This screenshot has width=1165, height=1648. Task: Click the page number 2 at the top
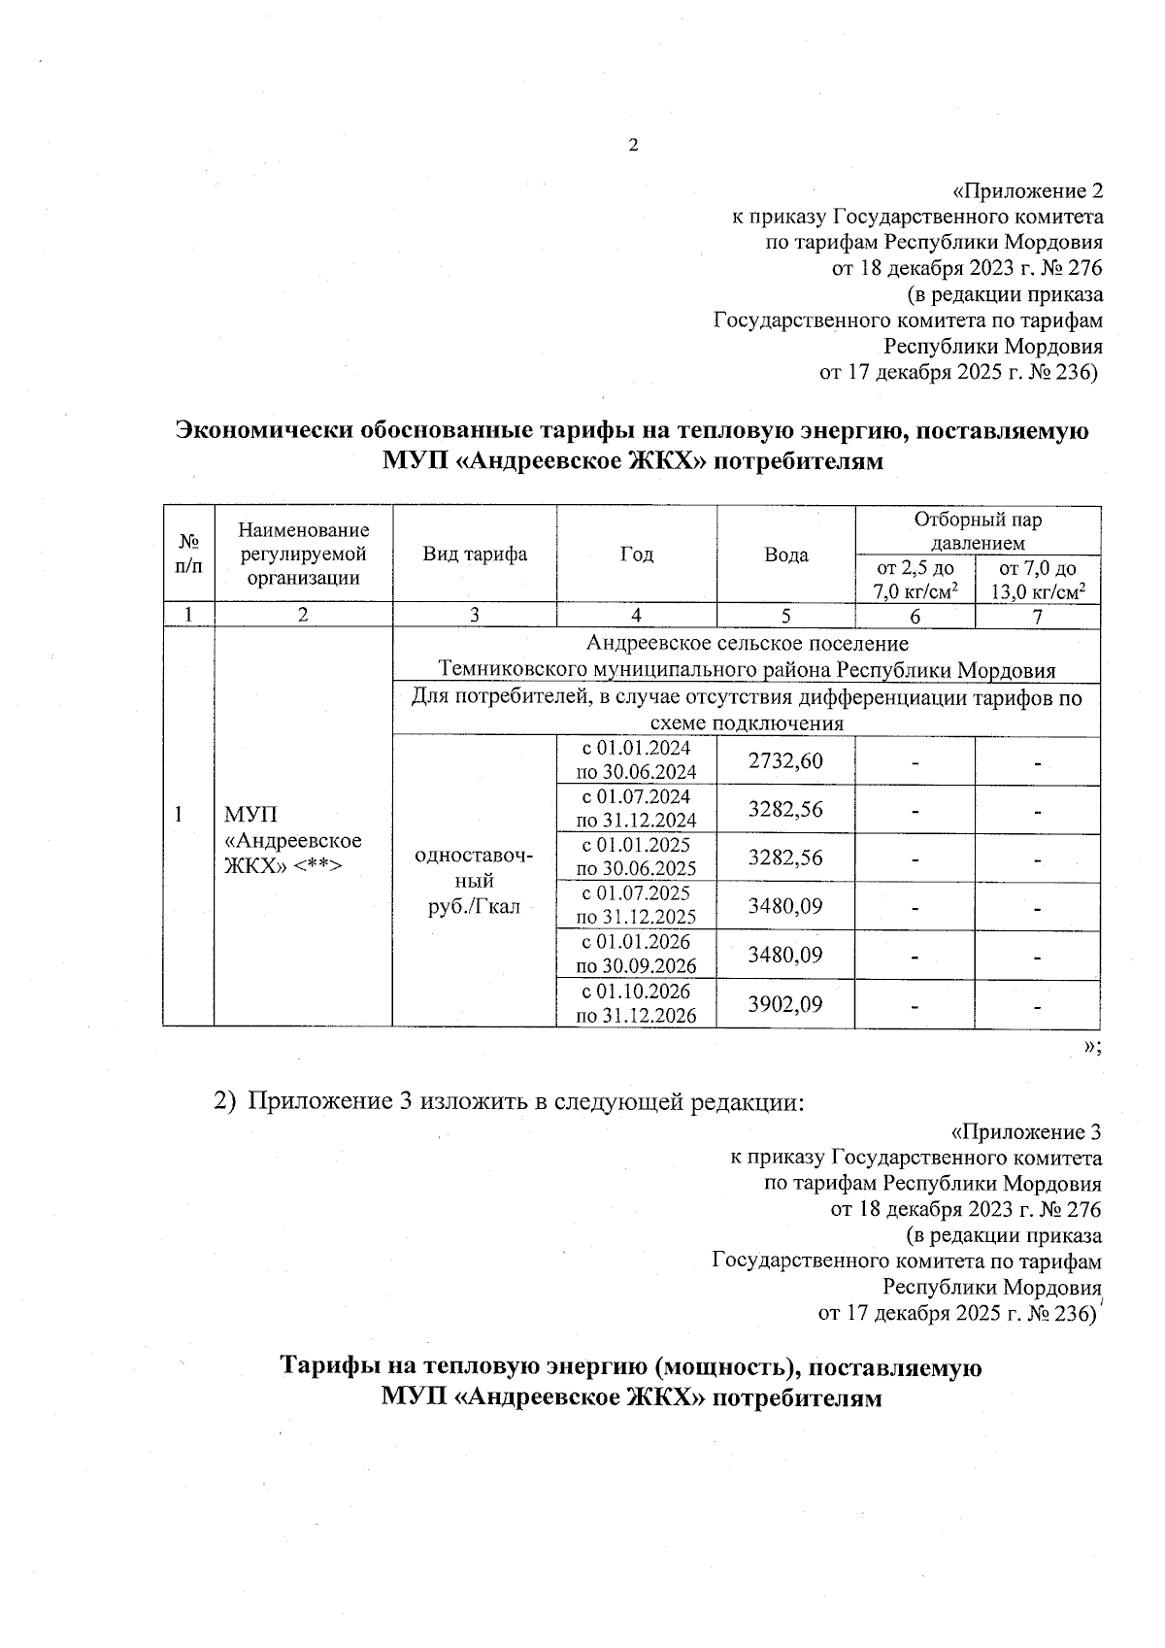634,147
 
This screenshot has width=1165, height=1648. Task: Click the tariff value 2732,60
785,760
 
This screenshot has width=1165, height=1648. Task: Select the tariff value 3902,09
785,1003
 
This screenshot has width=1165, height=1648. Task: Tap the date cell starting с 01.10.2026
636,1003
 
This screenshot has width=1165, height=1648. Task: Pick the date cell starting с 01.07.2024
636,808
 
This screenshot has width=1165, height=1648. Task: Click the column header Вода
785,555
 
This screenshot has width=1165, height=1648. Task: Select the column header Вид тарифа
475,555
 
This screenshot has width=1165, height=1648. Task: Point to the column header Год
636,555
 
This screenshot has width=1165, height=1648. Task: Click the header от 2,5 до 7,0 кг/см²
915,580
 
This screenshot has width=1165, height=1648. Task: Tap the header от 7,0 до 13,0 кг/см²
1037,580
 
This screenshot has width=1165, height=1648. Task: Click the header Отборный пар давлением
977,530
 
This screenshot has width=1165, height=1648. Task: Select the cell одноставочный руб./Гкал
475,880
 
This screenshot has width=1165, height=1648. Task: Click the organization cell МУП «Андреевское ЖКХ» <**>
292,839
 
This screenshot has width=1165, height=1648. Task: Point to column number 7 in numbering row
1037,616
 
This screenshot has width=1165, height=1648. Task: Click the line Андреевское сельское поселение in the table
747,643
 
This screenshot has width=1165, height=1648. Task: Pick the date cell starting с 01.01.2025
636,857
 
